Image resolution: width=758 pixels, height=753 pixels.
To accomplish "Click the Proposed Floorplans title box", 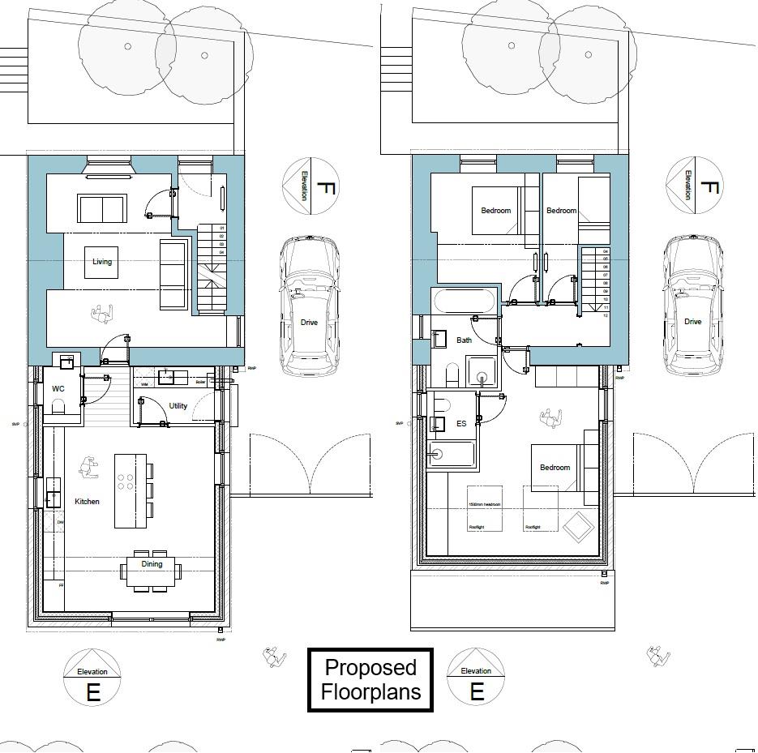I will coord(370,680).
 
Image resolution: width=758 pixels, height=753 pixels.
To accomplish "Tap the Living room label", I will coord(102,262).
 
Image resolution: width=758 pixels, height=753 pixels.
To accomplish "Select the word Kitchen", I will coord(87,502).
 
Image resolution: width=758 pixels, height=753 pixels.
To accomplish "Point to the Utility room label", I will coord(178,406).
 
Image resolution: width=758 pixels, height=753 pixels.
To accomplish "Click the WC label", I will coord(58,389).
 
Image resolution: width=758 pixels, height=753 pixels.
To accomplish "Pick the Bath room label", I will coord(464,340).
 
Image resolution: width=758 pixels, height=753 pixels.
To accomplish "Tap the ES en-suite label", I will coord(461,424).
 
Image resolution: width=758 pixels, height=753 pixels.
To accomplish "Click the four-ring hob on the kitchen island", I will coord(126,481).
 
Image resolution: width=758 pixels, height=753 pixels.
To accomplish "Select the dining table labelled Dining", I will coord(152,570).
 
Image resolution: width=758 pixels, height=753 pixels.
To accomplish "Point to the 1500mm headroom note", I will coord(484,505).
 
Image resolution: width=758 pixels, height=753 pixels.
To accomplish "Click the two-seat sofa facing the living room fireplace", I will coord(102,208).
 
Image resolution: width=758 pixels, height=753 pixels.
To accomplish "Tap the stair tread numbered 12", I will coord(606,315).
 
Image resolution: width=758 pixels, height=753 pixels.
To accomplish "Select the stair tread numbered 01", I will coord(221,229).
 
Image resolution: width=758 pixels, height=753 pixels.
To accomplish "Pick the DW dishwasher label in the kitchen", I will coord(60,523).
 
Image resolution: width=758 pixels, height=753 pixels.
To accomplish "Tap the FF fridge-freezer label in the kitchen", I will coord(61,584).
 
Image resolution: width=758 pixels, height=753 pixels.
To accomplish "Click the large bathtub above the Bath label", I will coord(463,303).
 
